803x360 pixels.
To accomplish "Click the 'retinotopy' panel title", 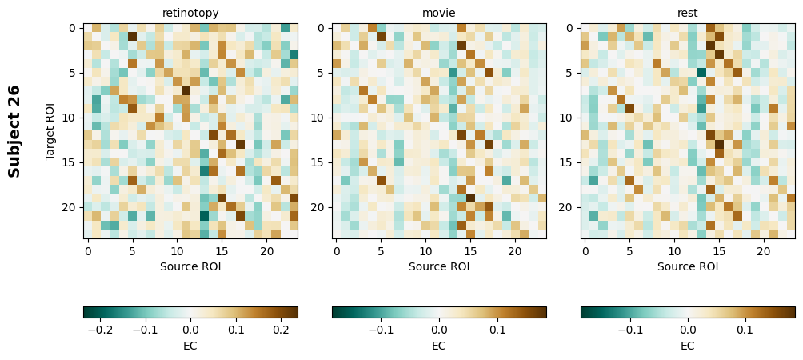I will pyautogui.click(x=190, y=13).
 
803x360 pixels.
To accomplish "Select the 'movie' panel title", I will pyautogui.click(x=439, y=13).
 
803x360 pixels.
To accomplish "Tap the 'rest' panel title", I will pyautogui.click(x=688, y=13).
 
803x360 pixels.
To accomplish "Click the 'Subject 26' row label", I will pyautogui.click(x=14, y=130).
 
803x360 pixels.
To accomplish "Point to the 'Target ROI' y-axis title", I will pyautogui.click(x=50, y=130).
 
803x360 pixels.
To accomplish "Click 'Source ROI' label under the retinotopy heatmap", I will pyautogui.click(x=190, y=266).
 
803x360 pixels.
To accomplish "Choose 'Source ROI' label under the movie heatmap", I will pyautogui.click(x=439, y=266).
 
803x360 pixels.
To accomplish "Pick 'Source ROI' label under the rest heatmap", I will pyautogui.click(x=688, y=266).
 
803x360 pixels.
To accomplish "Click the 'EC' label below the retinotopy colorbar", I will pyautogui.click(x=190, y=346).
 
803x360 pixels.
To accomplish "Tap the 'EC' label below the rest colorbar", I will pyautogui.click(x=688, y=346).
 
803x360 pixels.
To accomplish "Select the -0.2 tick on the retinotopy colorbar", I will pyautogui.click(x=100, y=329).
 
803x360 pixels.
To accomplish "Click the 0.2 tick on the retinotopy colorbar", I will pyautogui.click(x=281, y=329).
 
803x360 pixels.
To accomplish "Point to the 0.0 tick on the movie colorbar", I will pyautogui.click(x=439, y=329).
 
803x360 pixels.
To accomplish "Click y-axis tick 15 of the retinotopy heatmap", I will pyautogui.click(x=72, y=162).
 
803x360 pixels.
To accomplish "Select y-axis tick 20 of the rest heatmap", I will pyautogui.click(x=569, y=207).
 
